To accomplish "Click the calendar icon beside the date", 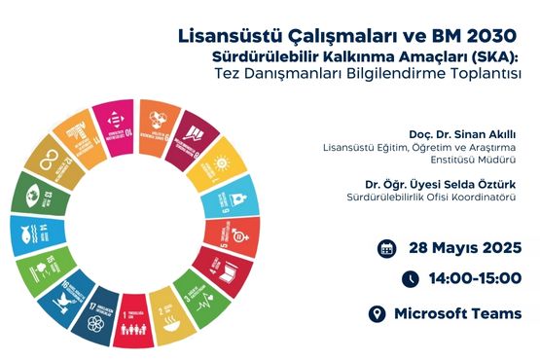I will click(x=386, y=247).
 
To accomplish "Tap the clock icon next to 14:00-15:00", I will click(x=411, y=279).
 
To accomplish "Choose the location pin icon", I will click(x=378, y=313).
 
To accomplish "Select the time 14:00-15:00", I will click(x=475, y=279).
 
